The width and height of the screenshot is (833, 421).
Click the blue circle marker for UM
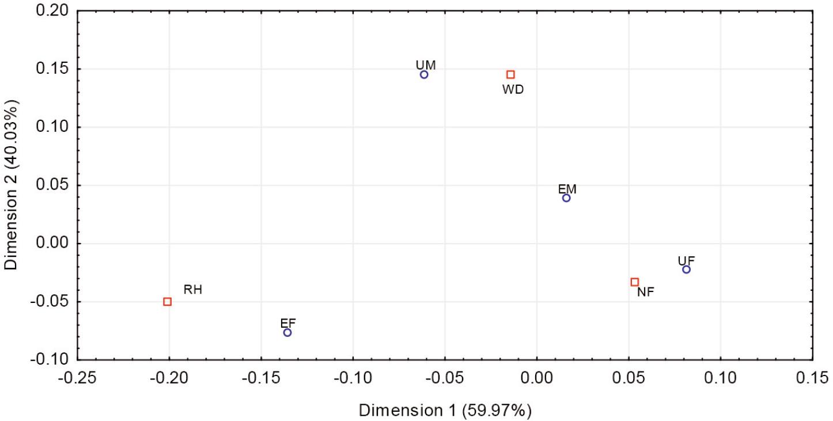click(424, 75)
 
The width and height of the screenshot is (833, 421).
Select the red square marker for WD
click(510, 75)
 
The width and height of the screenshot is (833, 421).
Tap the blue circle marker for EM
click(566, 198)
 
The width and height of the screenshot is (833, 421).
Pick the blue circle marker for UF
click(686, 270)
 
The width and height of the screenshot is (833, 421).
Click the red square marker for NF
click(635, 282)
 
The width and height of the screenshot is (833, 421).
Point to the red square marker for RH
click(167, 302)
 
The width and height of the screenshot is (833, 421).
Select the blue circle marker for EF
click(287, 333)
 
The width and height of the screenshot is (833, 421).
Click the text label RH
click(192, 290)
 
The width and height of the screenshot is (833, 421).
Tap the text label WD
click(513, 90)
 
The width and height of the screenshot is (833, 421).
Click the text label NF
click(645, 293)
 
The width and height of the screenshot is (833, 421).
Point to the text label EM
click(567, 189)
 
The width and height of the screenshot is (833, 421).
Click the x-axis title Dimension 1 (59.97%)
click(445, 411)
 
